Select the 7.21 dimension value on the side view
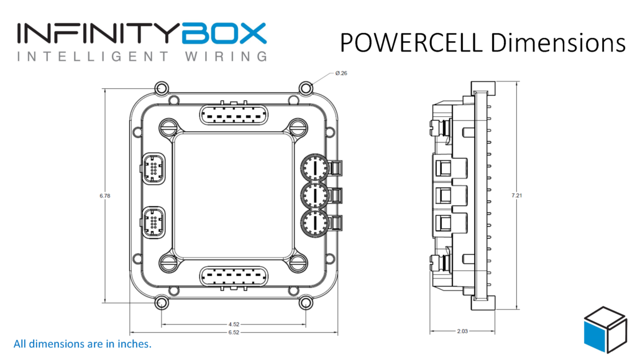pyautogui.click(x=517, y=196)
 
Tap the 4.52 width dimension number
pyautogui.click(x=234, y=325)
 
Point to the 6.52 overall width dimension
pyautogui.click(x=234, y=333)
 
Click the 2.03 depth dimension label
pyautogui.click(x=463, y=331)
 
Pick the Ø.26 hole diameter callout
pyautogui.click(x=341, y=73)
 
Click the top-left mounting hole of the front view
pyautogui.click(x=162, y=88)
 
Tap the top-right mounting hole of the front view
pyautogui.click(x=306, y=88)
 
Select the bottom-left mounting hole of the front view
pyautogui.click(x=162, y=303)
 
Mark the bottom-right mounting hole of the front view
pyautogui.click(x=306, y=303)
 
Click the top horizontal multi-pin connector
pyautogui.click(x=234, y=116)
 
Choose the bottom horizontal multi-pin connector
pyautogui.click(x=234, y=276)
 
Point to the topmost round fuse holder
pyautogui.click(x=315, y=167)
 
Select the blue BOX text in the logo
pyautogui.click(x=224, y=34)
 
